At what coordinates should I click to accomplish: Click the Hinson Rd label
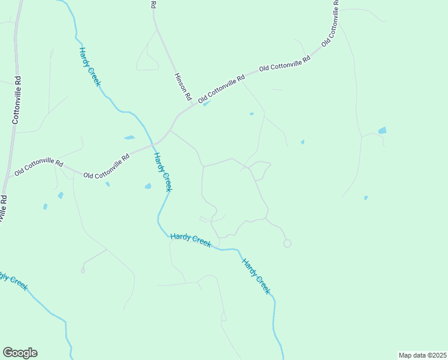coord(182,86)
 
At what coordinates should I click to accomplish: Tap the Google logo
coord(20,353)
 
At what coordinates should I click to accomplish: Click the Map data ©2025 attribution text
coord(422,355)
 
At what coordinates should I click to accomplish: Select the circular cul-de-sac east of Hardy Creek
coord(287,243)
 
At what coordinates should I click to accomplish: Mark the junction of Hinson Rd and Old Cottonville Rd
coord(193,104)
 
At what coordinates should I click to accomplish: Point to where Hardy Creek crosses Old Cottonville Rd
coord(153,143)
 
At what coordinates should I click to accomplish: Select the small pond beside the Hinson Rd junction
coord(207,104)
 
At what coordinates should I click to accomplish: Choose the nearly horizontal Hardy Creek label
coord(190,238)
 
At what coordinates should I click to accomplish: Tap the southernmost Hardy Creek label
coord(256,276)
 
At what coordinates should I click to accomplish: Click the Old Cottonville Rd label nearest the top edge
coord(331,22)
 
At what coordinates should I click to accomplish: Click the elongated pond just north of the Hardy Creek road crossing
coord(129,137)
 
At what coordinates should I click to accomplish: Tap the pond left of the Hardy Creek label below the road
coord(148,186)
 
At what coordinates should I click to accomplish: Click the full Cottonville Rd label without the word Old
coord(17,100)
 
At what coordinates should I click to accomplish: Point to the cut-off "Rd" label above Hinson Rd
coord(153,4)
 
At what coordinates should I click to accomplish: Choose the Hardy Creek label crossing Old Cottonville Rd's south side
coord(163,172)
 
